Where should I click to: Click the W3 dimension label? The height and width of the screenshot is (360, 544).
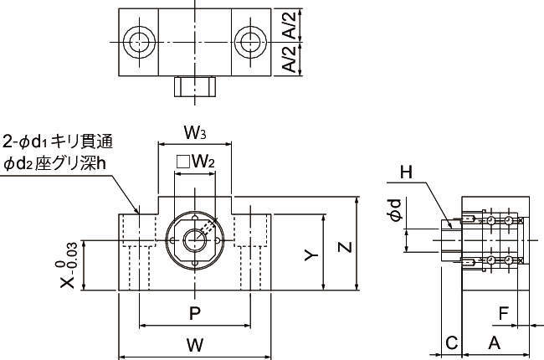tap(195, 132)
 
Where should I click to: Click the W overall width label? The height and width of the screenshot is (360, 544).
tap(195, 344)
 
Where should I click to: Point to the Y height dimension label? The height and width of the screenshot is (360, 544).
tap(310, 255)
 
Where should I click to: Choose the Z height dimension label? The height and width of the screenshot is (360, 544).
tap(344, 247)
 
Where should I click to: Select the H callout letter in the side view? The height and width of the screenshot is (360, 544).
tap(406, 172)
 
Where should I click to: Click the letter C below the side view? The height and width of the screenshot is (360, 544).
tap(451, 342)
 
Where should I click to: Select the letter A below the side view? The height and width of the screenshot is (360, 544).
tap(494, 342)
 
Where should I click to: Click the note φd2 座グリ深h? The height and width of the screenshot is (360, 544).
tap(55, 162)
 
